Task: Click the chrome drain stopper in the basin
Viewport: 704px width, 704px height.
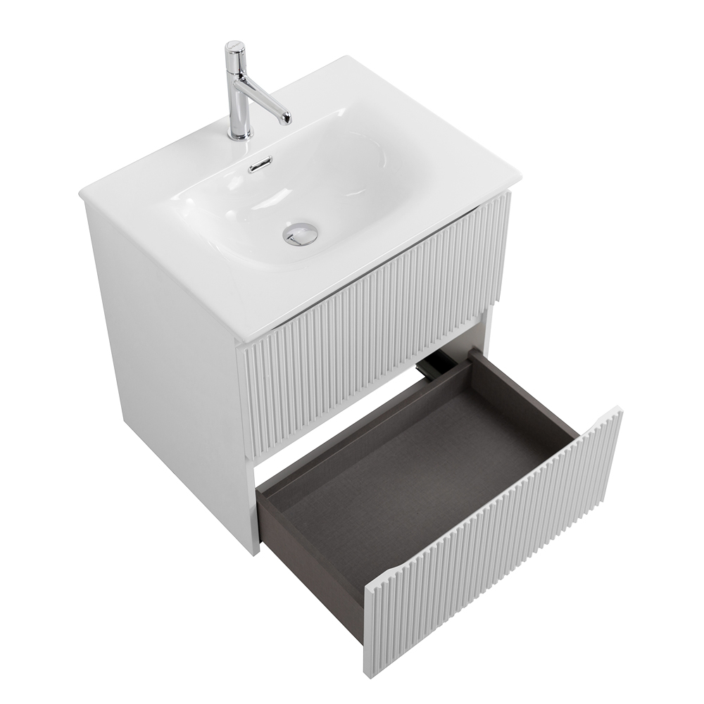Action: point(301,233)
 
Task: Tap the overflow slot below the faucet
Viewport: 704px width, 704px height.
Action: point(260,167)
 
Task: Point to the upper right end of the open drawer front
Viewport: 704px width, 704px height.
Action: point(618,410)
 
